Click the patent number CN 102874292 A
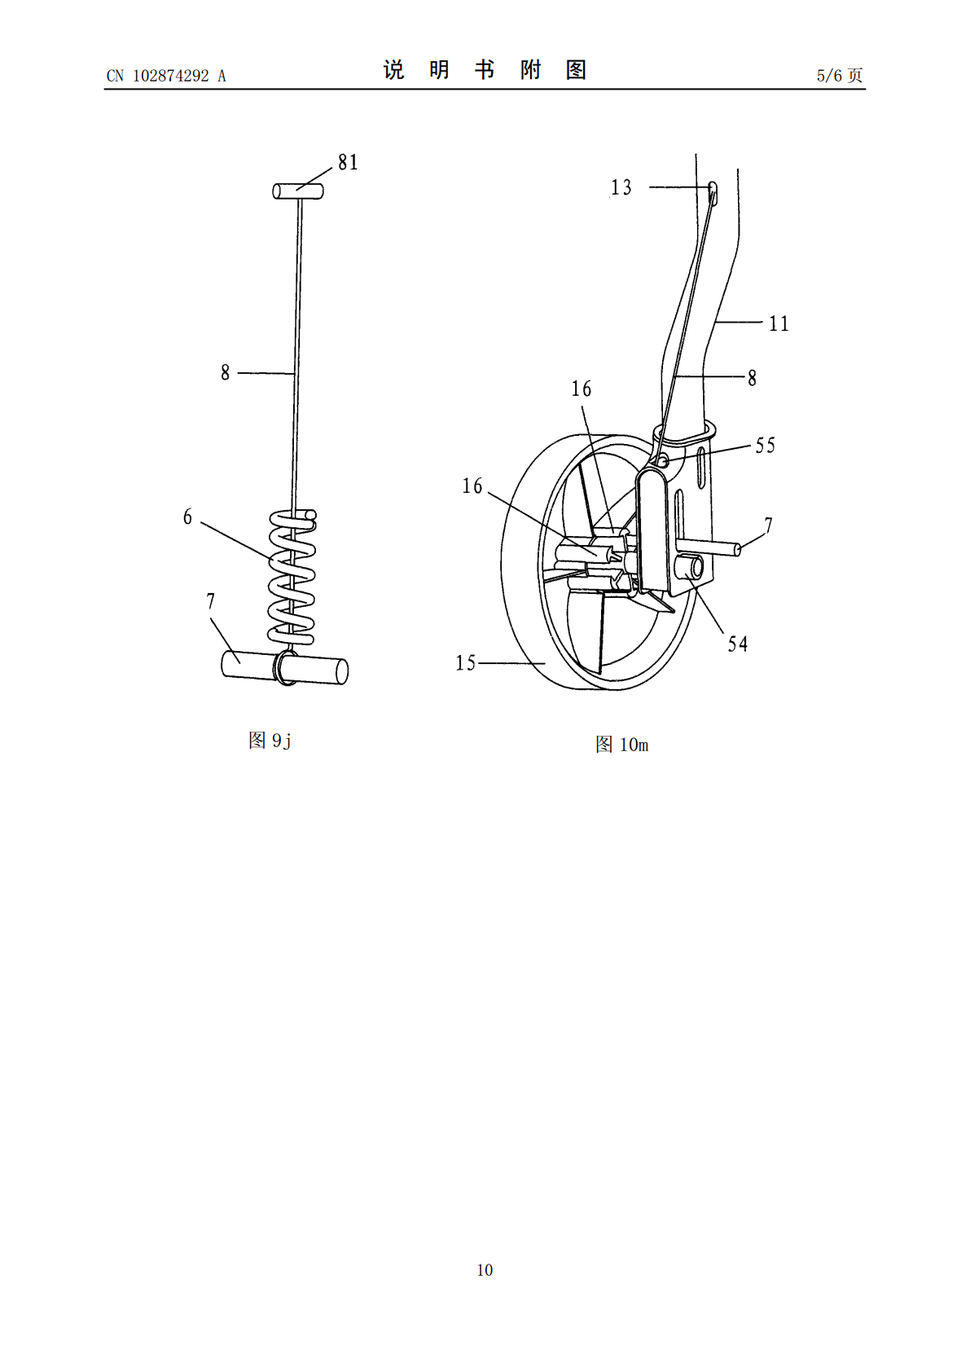tap(166, 76)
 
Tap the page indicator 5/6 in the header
tap(829, 75)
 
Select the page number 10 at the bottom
tap(485, 1269)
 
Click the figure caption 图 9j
tap(270, 741)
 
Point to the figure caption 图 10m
tap(621, 744)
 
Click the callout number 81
tap(348, 161)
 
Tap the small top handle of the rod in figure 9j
tap(298, 191)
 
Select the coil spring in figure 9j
tap(292, 578)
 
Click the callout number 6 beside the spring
tap(187, 517)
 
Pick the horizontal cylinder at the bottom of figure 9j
tap(285, 667)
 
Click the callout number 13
tap(621, 187)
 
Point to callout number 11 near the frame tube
tap(779, 323)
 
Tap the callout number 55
tap(766, 446)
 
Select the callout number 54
tap(738, 644)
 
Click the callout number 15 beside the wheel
tap(465, 662)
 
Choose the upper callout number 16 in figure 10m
tap(582, 389)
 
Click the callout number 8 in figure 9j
tap(226, 372)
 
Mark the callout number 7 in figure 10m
tap(769, 525)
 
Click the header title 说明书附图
tap(485, 70)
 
